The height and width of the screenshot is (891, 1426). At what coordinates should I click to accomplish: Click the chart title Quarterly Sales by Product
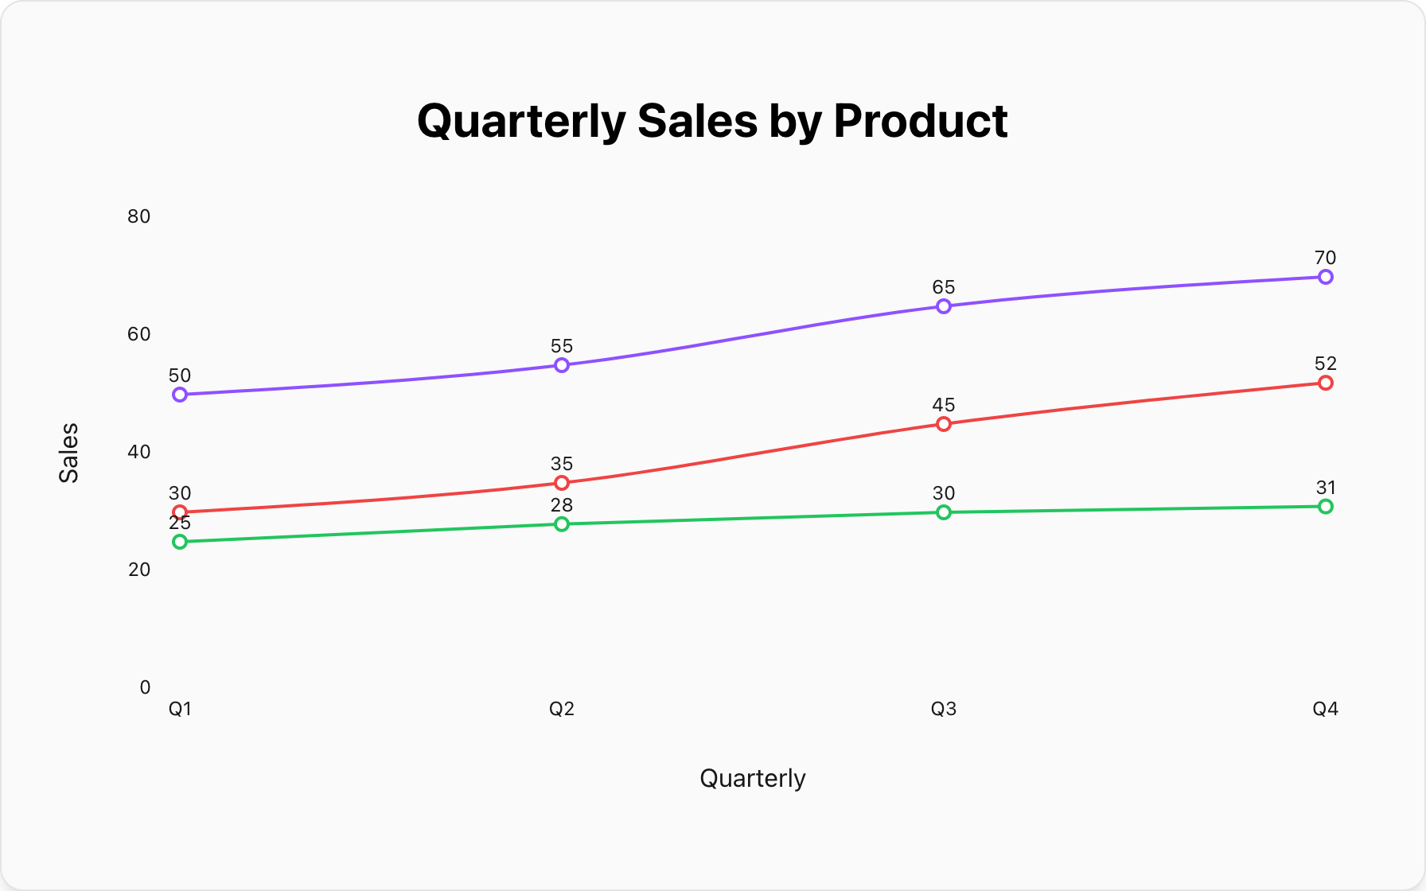712,121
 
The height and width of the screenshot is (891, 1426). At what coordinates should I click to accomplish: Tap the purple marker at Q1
180,395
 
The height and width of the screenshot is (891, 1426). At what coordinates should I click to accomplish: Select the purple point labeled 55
562,365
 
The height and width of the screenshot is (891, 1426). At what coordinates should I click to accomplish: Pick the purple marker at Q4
1326,277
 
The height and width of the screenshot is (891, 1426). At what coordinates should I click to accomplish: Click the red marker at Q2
562,483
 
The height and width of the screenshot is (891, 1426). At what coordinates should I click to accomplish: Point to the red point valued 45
944,424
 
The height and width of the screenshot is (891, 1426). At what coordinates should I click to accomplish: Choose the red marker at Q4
1326,383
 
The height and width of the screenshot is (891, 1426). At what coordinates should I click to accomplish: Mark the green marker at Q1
180,542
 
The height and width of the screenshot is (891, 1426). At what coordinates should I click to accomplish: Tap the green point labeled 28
562,524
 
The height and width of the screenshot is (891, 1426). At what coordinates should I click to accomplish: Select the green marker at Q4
1326,507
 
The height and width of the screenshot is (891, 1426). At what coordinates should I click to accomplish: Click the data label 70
1326,258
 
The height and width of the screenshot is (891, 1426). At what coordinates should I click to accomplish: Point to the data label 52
1326,364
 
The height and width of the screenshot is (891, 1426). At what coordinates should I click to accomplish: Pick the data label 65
944,287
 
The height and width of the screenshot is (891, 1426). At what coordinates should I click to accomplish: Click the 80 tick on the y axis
138,216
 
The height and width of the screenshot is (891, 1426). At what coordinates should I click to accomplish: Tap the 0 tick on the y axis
145,687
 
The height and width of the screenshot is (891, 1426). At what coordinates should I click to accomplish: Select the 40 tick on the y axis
138,452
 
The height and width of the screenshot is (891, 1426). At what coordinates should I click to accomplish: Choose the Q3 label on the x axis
944,709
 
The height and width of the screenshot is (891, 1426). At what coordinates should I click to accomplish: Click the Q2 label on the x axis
562,709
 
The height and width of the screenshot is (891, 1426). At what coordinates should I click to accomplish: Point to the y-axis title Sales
69,452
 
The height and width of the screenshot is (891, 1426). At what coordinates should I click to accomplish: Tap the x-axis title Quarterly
753,778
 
